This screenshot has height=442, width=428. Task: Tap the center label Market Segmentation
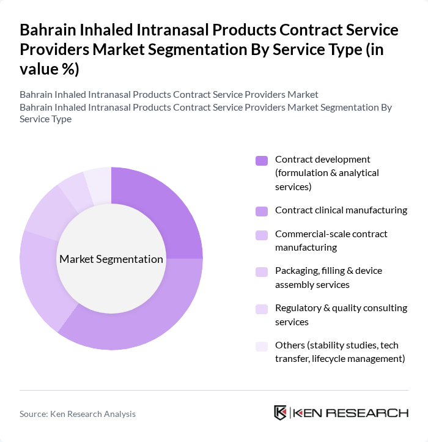click(111, 259)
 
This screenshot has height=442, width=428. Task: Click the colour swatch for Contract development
click(262, 161)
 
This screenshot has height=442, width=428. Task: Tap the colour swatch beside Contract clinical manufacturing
click(262, 211)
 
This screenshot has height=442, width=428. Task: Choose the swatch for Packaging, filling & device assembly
click(262, 271)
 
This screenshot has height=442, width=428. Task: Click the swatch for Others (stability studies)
click(262, 346)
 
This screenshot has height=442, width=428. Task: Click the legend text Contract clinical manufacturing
click(341, 210)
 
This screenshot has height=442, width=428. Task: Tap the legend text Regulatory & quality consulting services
click(341, 315)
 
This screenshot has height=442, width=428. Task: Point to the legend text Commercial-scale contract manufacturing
click(331, 240)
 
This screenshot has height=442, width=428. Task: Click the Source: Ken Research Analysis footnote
click(78, 414)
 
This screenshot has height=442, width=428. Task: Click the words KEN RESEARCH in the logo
click(351, 413)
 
